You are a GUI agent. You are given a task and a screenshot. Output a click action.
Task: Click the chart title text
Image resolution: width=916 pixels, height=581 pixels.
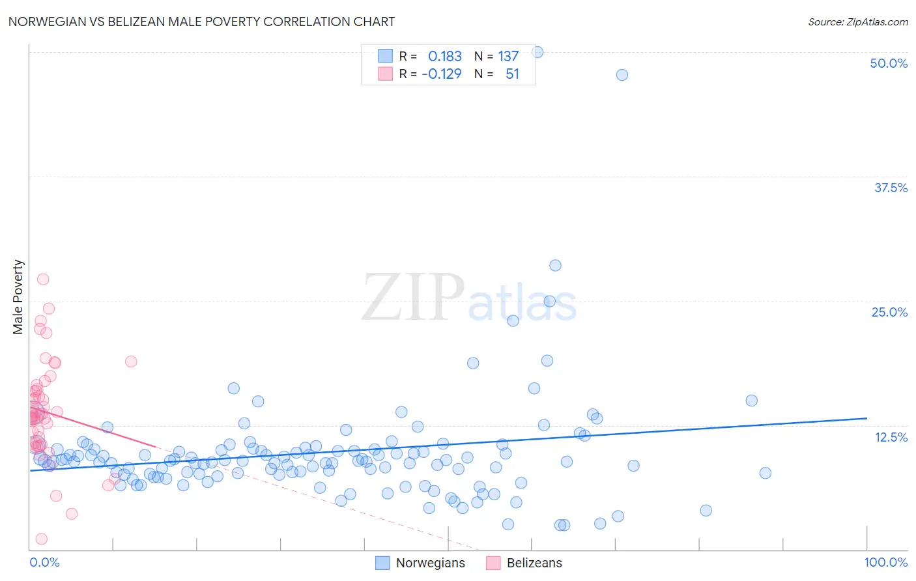point(201,21)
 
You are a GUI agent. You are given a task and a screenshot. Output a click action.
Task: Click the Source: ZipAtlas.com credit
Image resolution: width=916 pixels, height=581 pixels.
point(857,21)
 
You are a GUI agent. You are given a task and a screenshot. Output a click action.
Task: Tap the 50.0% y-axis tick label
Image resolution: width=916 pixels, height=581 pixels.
point(889,63)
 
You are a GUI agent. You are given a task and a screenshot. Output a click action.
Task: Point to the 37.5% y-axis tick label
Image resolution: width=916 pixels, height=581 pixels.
point(891,188)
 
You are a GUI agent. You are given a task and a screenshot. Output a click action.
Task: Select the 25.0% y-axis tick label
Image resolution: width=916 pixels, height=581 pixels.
point(889,312)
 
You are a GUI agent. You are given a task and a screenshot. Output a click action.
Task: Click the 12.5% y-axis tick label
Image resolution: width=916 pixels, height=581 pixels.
point(891,437)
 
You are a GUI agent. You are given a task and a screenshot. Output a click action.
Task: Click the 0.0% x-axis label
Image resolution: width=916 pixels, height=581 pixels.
point(44,562)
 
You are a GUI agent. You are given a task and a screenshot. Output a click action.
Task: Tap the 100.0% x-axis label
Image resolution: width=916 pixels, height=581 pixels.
point(885,562)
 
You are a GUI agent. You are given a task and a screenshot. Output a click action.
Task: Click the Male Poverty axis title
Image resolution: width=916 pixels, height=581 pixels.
point(18,297)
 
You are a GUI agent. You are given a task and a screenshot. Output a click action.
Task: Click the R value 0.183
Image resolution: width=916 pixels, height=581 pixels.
point(444,57)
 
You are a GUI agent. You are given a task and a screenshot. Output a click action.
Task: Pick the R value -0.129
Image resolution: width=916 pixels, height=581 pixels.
point(442,74)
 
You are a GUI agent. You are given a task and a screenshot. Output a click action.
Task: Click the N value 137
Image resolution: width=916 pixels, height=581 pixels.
point(508,57)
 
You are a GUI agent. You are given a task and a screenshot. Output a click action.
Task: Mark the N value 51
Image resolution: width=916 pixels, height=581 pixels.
point(512,74)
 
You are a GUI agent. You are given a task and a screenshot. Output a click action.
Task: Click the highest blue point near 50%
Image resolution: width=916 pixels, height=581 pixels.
point(537,52)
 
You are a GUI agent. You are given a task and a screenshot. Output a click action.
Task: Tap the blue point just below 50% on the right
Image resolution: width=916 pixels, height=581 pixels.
point(622,75)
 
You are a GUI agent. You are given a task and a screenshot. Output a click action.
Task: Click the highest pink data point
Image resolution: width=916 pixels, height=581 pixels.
point(43,279)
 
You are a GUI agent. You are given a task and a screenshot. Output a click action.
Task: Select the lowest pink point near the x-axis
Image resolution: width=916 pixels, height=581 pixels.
point(41,539)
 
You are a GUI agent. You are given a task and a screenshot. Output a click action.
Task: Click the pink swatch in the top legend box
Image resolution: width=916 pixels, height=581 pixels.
point(385,74)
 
